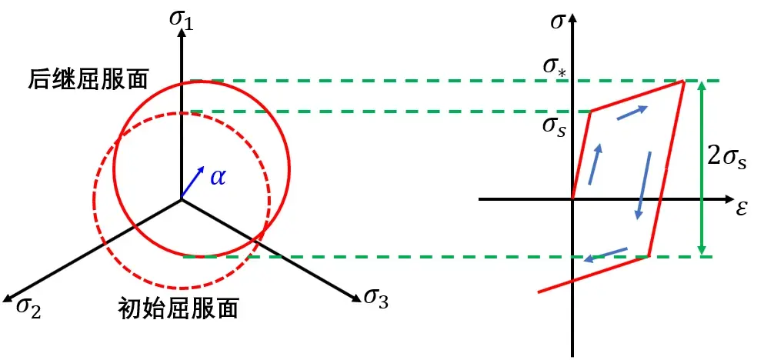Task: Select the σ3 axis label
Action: coord(376,297)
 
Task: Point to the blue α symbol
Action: coord(218,176)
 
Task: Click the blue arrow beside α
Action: coord(193,182)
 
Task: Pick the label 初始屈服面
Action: coord(178,307)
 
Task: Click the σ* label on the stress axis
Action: coord(556,67)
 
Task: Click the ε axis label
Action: coord(741,209)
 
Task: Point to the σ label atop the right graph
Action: coord(557,22)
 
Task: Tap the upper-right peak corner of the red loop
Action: coord(684,81)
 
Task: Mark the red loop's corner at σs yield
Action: coord(592,111)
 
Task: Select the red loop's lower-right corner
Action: coord(648,256)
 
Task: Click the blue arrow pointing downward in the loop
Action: coord(643,185)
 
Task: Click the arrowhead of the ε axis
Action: coord(729,199)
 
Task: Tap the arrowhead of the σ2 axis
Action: coord(8,297)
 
